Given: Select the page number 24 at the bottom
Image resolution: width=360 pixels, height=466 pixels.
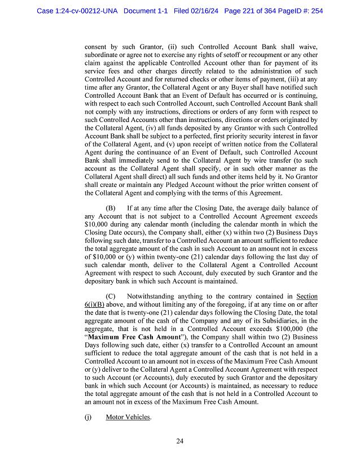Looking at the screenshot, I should click(179, 441).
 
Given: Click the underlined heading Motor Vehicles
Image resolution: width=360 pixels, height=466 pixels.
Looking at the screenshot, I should click(128, 417).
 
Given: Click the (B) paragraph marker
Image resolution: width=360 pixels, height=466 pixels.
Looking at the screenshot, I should click(111, 208).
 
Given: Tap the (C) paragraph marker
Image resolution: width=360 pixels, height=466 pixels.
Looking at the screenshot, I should click(111, 296).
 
